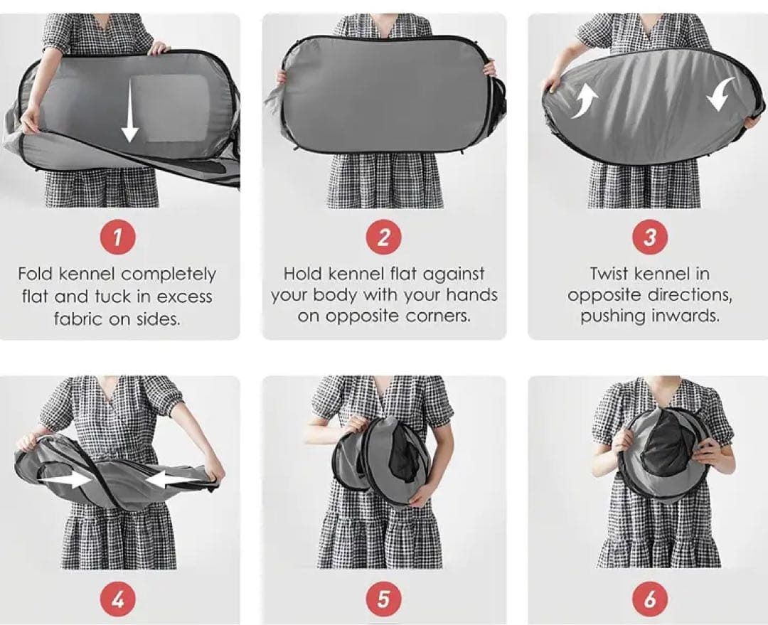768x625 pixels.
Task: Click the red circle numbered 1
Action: pyautogui.click(x=117, y=237)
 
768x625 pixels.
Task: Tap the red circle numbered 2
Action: pyautogui.click(x=383, y=237)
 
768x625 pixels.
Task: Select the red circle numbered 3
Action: pyautogui.click(x=649, y=237)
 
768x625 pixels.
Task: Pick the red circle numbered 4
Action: pyautogui.click(x=117, y=599)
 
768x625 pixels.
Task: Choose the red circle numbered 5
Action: pyautogui.click(x=383, y=599)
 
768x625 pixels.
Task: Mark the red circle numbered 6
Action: pyautogui.click(x=649, y=599)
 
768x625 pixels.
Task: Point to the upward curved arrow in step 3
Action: pyautogui.click(x=585, y=101)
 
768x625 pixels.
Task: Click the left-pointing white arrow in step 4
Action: pyautogui.click(x=171, y=479)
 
